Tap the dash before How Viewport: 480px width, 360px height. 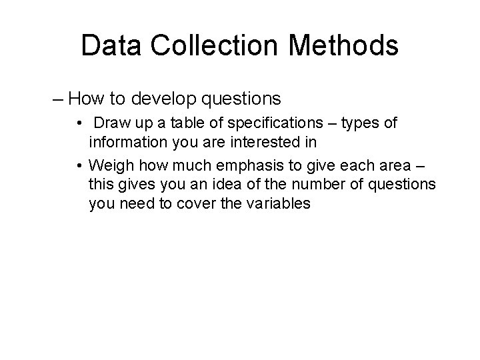[x=58, y=100]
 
